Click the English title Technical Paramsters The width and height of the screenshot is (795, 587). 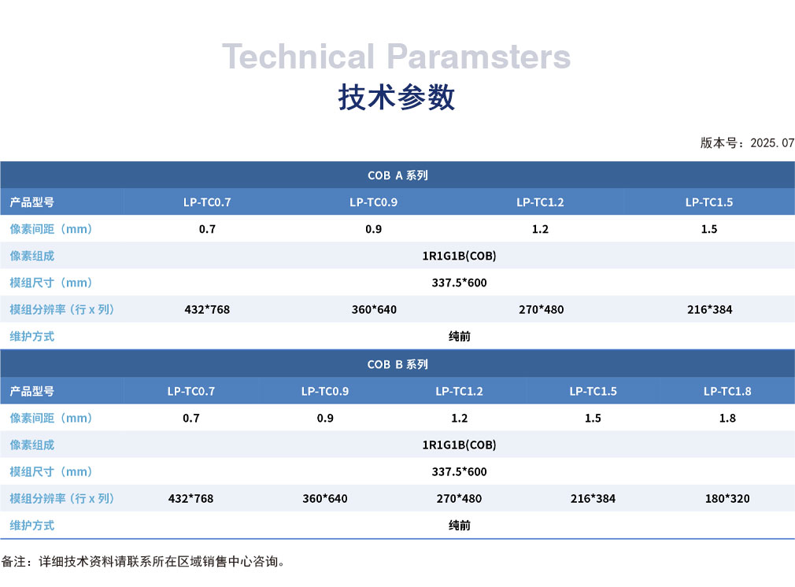click(397, 57)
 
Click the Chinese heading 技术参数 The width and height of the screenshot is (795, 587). click(397, 97)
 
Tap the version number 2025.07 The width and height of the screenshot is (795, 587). click(772, 143)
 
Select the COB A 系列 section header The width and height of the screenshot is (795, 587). click(397, 175)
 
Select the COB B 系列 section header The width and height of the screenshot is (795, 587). click(397, 364)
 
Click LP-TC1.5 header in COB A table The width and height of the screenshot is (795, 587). click(708, 202)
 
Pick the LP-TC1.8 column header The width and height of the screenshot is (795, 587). click(727, 391)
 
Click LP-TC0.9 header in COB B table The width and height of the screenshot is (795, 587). click(325, 391)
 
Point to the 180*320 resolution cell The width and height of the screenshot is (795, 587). click(727, 499)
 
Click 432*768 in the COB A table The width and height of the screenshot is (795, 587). click(207, 310)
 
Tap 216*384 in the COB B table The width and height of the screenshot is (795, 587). click(593, 499)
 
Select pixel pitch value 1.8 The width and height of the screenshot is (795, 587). click(727, 418)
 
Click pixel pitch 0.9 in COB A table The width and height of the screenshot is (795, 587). click(374, 229)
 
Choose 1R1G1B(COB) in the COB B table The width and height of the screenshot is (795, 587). click(460, 445)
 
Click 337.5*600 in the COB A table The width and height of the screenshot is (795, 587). click(460, 282)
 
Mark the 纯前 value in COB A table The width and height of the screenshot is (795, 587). click(460, 337)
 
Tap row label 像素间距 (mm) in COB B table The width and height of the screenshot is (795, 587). click(50, 418)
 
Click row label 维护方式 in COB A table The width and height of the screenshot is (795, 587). click(32, 337)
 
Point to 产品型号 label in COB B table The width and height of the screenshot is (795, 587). click(32, 391)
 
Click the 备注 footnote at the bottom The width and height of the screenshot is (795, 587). click(143, 562)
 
